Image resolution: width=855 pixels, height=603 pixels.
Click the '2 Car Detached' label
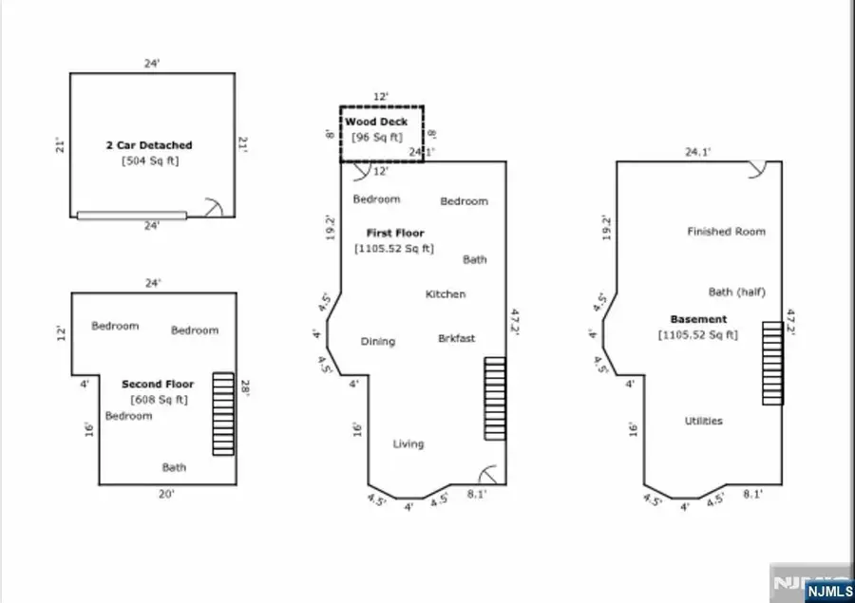148,145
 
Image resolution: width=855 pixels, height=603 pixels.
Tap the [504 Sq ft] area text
149,160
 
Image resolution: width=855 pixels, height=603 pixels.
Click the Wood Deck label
377,122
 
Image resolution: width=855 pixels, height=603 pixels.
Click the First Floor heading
395,233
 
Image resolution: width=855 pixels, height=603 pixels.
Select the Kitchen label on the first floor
445,294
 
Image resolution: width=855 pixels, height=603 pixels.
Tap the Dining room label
377,342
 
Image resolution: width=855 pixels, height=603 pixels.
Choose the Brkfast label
456,339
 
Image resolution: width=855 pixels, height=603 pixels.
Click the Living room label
408,443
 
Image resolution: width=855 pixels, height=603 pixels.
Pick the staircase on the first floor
495,398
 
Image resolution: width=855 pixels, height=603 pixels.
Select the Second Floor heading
158,385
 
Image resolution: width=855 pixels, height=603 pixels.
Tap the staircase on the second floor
222,413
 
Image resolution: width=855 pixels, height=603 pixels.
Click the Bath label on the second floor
174,467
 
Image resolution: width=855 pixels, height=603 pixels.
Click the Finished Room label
726,232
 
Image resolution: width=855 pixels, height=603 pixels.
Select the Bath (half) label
736,292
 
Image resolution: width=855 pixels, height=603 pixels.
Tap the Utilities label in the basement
703,421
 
